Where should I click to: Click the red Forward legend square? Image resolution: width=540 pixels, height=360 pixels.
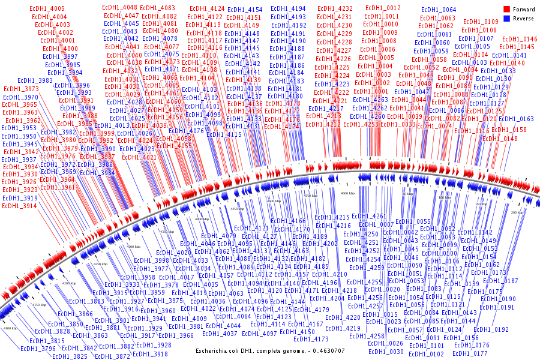tap(507, 10)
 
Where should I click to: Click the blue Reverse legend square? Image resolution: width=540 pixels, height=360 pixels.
tap(507, 18)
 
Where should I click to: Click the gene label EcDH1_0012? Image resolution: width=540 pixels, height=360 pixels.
tap(383, 8)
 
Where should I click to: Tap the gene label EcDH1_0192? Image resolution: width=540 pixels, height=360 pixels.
tap(490, 330)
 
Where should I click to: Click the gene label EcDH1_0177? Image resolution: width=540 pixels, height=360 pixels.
tap(472, 353)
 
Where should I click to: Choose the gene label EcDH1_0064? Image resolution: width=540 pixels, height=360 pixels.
tap(439, 11)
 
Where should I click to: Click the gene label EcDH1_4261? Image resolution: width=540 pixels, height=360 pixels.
tap(369, 217)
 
